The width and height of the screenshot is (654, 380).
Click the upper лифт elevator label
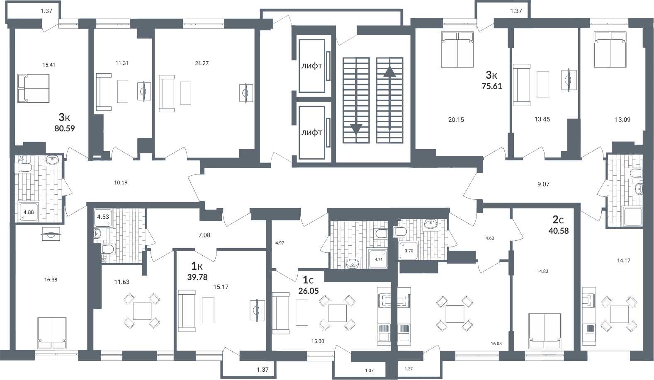[311, 66]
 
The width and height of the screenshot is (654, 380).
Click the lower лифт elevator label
[311, 133]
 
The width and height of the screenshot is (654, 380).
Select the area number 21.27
[202, 63]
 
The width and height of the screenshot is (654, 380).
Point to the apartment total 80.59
[65, 128]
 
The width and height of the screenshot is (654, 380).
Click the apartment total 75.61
[492, 86]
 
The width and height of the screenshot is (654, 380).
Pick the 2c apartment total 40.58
[559, 231]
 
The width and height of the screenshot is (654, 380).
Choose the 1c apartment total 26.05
[308, 291]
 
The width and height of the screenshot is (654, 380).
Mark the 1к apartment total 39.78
[197, 277]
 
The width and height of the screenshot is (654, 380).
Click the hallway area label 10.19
[121, 183]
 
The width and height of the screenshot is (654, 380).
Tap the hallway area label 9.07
[543, 184]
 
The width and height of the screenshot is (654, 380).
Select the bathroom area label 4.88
[28, 212]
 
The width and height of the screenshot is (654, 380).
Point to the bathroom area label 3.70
[409, 251]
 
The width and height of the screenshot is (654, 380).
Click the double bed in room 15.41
[33, 88]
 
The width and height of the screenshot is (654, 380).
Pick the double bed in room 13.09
[610, 49]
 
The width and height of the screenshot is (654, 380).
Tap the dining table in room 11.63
[142, 311]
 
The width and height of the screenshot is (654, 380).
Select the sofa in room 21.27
[167, 94]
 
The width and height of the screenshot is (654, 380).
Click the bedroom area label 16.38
[51, 280]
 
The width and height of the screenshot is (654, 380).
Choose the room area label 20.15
[456, 120]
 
